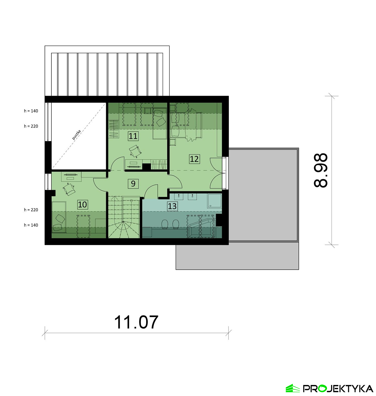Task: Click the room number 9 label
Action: tap(133, 183)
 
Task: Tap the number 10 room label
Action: tap(82, 205)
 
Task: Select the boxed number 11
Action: tap(133, 136)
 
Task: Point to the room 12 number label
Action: tap(194, 159)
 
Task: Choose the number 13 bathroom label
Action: tap(172, 206)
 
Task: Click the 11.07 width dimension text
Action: tap(136, 322)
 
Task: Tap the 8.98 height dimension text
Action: tap(321, 170)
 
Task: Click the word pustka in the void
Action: tap(76, 135)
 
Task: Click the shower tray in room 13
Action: tap(214, 201)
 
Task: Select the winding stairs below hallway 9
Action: tap(124, 217)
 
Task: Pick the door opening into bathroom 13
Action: tap(151, 191)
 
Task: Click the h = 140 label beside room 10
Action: tap(31, 225)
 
